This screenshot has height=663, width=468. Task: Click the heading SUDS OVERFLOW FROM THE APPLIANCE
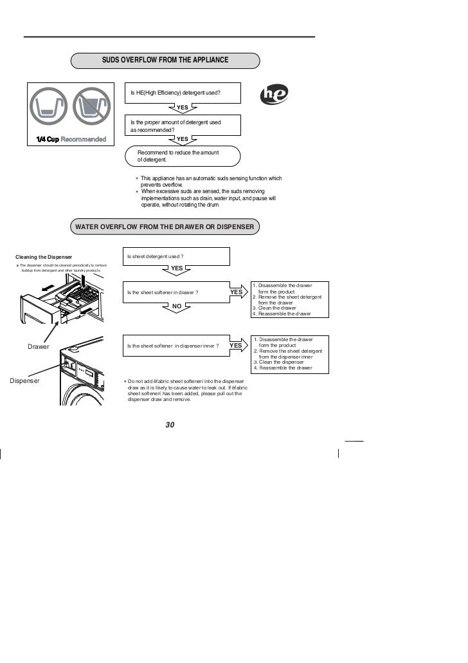tap(165, 60)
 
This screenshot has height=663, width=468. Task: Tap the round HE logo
tap(274, 95)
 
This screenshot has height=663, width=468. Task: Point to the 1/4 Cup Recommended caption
tap(71, 140)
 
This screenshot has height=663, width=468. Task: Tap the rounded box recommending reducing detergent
tap(184, 156)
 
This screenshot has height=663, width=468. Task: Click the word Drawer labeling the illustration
tap(39, 347)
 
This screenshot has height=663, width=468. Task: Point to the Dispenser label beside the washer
tap(25, 380)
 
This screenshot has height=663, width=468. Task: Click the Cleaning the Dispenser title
tap(44, 257)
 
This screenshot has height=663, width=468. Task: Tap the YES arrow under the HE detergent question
tap(183, 107)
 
